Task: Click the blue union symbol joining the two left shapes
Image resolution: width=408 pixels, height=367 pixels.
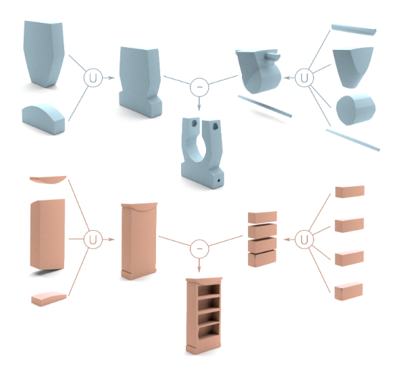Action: (x=94, y=78)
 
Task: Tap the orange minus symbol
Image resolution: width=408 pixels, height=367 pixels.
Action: (x=199, y=249)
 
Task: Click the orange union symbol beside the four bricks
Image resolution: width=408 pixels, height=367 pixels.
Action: (x=305, y=239)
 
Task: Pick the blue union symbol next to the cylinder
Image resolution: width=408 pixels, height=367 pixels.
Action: (x=306, y=78)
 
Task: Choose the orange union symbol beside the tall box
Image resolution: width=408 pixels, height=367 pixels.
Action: (x=92, y=239)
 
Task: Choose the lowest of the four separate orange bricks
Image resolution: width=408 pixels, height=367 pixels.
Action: (x=349, y=289)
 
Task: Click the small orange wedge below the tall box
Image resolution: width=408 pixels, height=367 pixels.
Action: (x=47, y=297)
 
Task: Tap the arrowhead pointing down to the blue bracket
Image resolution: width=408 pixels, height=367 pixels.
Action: (x=199, y=107)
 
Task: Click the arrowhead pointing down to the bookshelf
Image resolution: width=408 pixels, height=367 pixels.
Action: (x=199, y=269)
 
